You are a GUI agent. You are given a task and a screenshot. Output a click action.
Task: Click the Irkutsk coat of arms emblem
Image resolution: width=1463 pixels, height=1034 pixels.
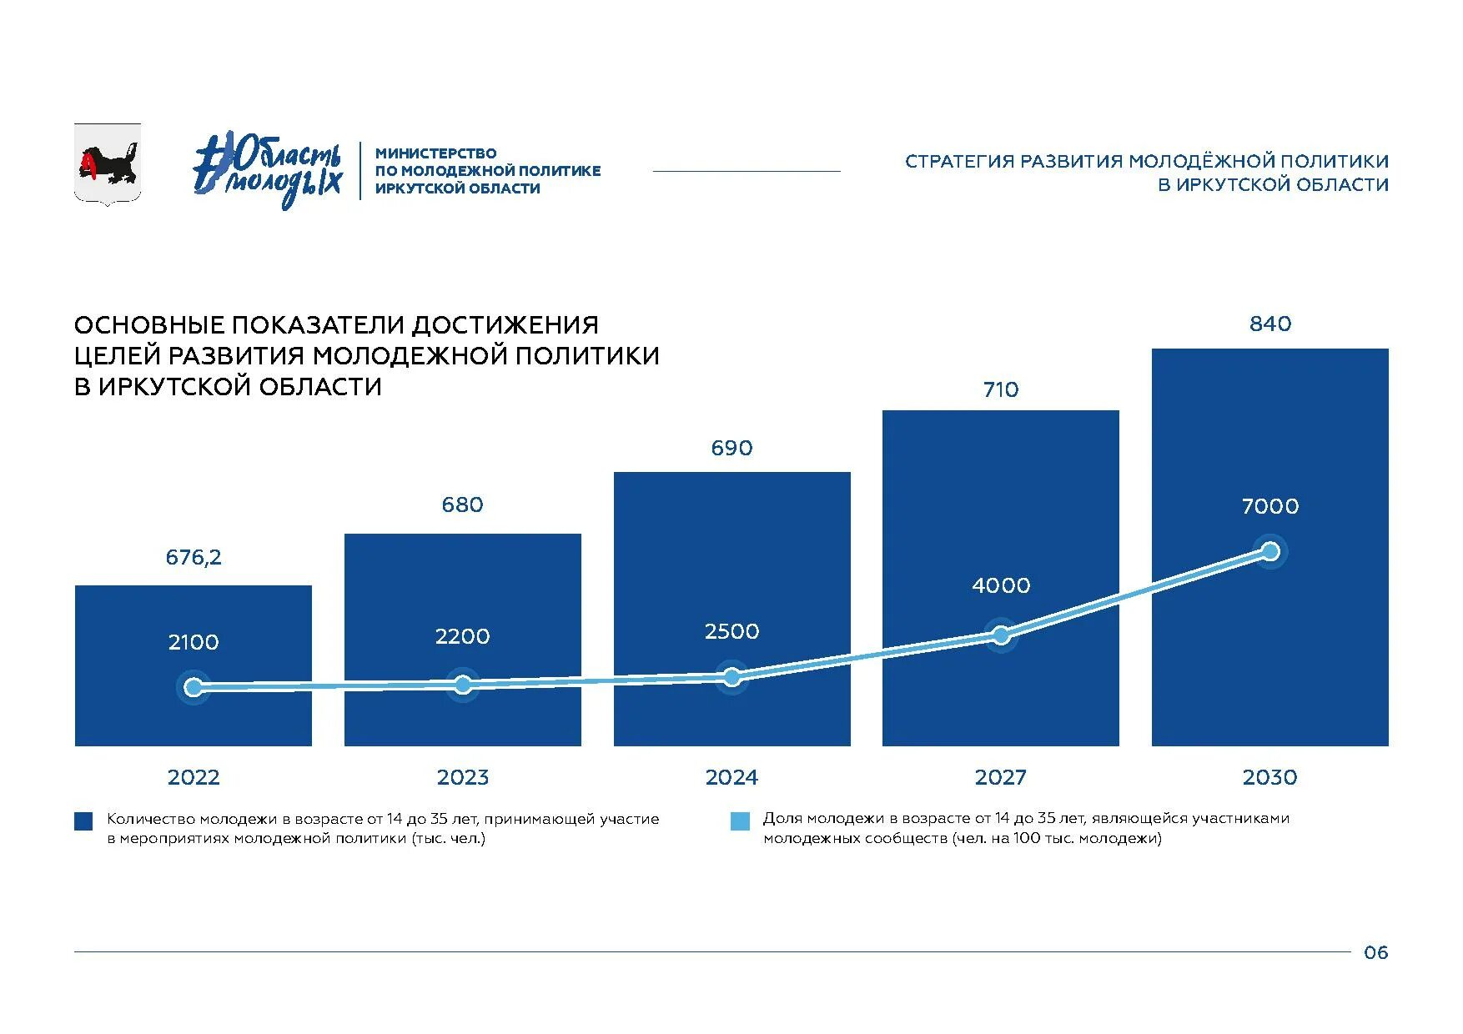tap(108, 163)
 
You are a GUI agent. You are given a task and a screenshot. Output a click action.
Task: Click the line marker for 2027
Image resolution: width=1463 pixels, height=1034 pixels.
tap(1001, 635)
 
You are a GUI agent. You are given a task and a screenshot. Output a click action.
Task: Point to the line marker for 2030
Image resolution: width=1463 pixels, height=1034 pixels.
tap(1270, 551)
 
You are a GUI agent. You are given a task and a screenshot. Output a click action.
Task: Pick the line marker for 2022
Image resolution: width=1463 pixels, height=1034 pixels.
tap(194, 687)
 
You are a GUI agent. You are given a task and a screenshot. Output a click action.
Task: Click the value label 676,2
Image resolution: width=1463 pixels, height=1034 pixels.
tap(194, 557)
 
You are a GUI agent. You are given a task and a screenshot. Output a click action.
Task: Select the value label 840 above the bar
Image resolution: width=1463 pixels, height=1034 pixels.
tap(1269, 324)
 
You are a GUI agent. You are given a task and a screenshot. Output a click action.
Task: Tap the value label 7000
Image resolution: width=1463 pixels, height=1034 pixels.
tap(1269, 506)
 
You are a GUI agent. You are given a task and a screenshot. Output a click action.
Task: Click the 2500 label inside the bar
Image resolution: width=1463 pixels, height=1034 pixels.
tap(731, 631)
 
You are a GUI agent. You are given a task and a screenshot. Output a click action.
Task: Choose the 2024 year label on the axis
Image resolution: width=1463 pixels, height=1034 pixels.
tap(731, 777)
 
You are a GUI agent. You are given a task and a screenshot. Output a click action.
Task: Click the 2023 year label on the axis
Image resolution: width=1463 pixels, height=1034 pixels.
tap(463, 777)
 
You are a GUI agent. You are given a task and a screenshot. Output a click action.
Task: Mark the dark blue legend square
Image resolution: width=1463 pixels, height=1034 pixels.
tap(83, 821)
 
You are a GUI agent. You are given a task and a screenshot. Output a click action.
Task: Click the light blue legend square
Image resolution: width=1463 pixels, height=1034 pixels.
tap(740, 821)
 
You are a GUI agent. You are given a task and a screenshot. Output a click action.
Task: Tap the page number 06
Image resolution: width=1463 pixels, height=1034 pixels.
tap(1375, 952)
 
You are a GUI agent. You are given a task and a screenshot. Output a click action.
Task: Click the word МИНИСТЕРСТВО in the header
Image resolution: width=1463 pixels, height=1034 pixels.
tap(435, 153)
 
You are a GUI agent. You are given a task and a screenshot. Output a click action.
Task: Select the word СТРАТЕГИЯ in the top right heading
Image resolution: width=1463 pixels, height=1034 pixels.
tap(959, 161)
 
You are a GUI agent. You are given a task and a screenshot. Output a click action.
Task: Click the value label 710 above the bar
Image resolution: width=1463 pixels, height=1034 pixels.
tap(1001, 389)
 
